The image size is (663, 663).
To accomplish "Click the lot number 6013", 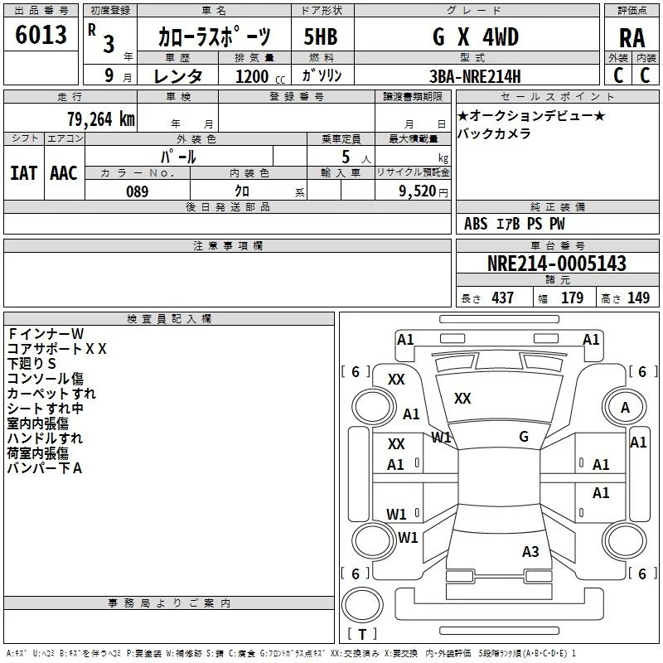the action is click(x=41, y=35).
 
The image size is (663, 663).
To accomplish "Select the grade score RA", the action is click(x=632, y=38).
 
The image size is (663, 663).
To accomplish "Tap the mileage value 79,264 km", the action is click(x=101, y=119).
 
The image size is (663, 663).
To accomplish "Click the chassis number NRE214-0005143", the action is click(x=557, y=263).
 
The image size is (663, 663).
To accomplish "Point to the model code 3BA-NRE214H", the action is click(x=475, y=76).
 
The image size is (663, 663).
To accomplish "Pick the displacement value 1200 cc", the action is click(x=260, y=76).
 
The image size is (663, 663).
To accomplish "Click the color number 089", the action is click(x=137, y=191).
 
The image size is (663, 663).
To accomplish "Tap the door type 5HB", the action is click(x=321, y=36).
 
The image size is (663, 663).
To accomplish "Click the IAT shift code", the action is click(x=24, y=173).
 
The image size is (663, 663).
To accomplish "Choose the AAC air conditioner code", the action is click(x=64, y=173).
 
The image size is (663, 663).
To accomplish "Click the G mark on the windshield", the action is click(x=524, y=437).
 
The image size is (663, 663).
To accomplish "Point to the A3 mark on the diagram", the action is click(x=530, y=552).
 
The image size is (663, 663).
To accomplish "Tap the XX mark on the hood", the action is click(x=462, y=399).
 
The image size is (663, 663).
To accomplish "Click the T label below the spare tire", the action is click(x=362, y=634).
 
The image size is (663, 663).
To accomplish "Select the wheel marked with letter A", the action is click(x=625, y=407).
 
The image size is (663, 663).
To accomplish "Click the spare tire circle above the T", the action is click(x=362, y=605).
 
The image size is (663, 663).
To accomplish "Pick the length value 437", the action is click(x=502, y=298).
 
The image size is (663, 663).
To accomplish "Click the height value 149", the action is click(x=638, y=298).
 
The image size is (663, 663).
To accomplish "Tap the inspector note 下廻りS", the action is click(x=31, y=364).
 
